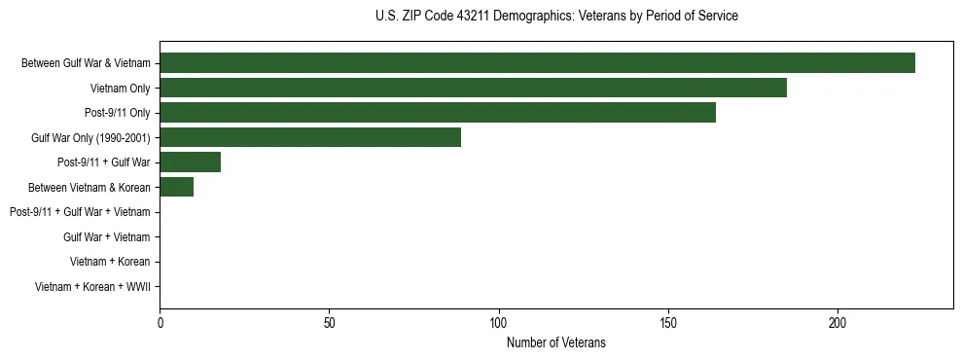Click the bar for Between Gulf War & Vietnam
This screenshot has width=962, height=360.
click(537, 63)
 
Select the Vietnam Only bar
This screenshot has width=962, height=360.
click(473, 89)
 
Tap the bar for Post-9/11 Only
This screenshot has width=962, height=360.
click(438, 113)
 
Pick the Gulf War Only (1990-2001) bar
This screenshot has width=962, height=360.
click(310, 137)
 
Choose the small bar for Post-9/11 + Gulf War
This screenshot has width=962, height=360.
click(191, 162)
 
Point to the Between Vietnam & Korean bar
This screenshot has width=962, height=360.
click(177, 187)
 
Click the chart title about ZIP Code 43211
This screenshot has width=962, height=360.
click(556, 17)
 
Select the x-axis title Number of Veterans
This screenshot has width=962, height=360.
click(556, 342)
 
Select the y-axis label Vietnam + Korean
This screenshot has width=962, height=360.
click(110, 262)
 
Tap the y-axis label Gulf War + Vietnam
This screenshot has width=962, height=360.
click(106, 236)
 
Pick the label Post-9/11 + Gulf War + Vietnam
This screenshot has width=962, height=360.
click(80, 212)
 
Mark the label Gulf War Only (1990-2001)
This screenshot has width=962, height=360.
click(90, 137)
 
